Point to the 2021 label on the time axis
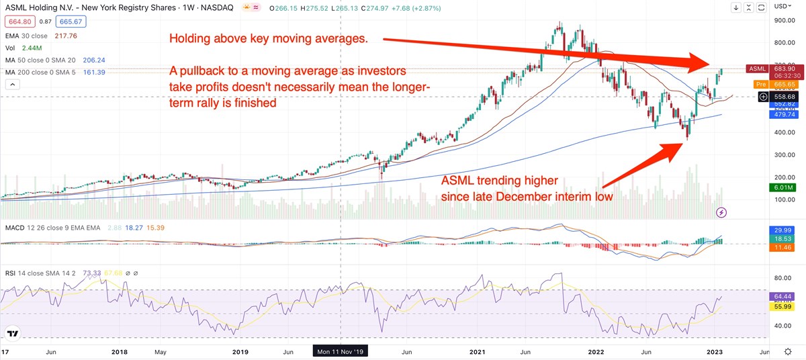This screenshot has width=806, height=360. tap(478, 351)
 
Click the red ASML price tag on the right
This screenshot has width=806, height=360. tap(757, 69)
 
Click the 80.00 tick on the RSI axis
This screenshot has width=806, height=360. tap(780, 277)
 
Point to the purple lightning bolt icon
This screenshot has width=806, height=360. tap(722, 212)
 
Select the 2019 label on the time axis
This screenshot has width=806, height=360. tap(240, 351)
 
